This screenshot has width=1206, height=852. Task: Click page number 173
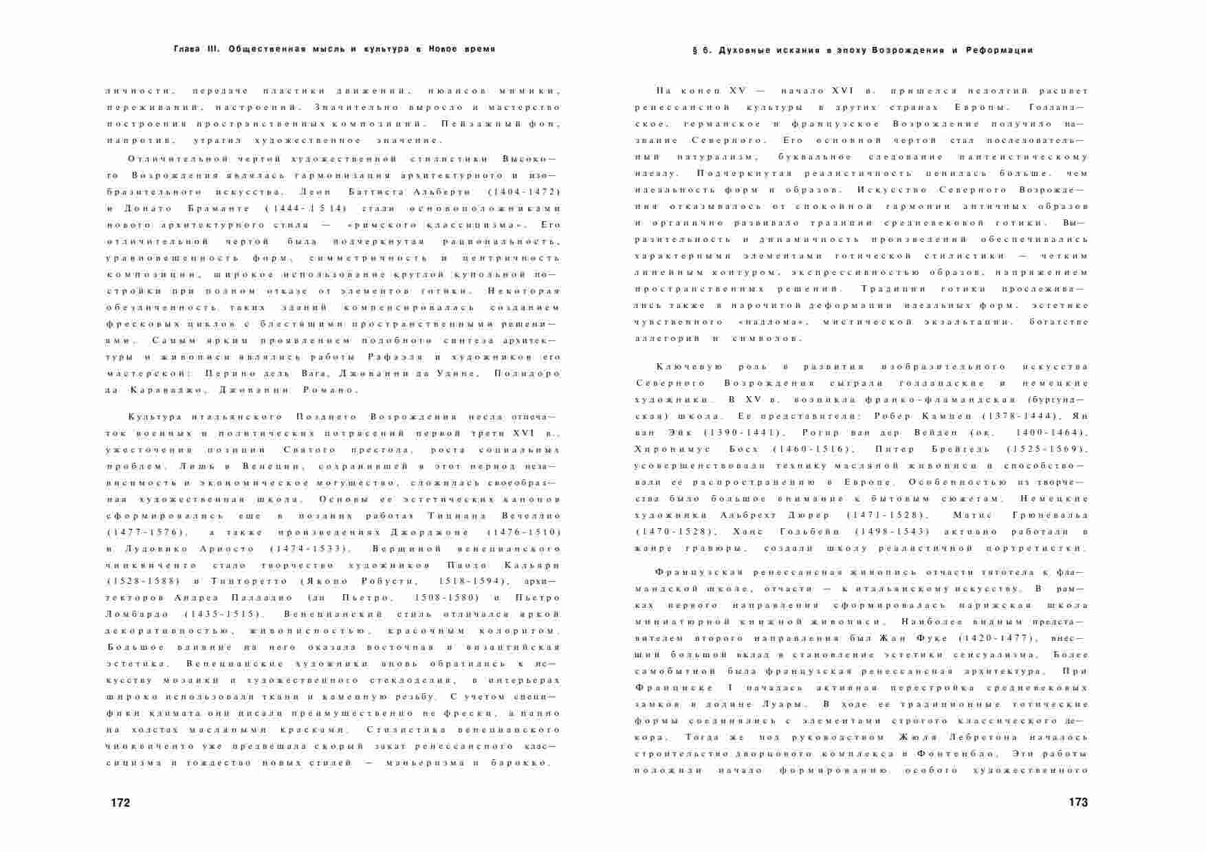point(1078,802)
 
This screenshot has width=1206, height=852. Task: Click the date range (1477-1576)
point(146,532)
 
